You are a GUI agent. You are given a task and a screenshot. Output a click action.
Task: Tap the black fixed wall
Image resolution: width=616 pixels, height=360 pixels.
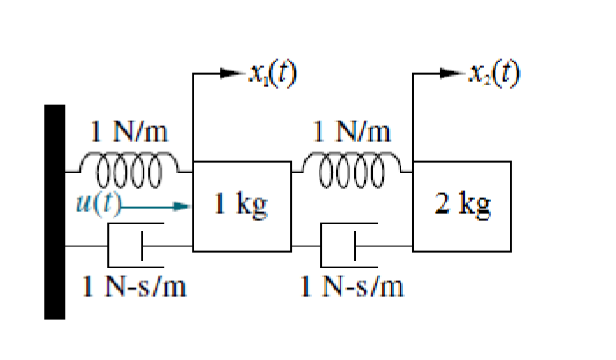point(55,210)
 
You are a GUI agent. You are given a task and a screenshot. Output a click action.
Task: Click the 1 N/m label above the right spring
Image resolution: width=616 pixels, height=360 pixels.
point(352,133)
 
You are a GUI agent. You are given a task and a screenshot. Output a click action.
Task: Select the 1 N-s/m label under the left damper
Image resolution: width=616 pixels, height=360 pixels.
point(134,286)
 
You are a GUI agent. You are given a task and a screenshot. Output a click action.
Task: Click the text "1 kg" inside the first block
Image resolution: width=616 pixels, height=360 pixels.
point(241,206)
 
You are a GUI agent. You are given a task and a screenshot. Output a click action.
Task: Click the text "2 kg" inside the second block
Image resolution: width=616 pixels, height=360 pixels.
point(463,206)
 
